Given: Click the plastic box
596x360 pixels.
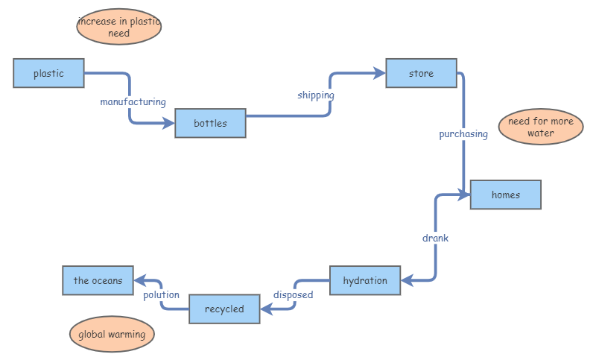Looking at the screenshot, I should [48, 73].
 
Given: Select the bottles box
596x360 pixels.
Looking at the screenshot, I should [210, 123].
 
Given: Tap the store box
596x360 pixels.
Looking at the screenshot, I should [421, 73].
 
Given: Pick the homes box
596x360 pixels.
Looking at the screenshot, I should [505, 195].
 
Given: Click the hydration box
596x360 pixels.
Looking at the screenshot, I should [365, 280].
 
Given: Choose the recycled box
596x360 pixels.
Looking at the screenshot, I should [224, 309].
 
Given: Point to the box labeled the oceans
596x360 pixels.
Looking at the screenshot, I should [98, 280].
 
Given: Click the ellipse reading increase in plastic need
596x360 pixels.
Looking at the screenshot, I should [119, 28].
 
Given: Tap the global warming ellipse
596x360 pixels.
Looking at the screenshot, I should [112, 335].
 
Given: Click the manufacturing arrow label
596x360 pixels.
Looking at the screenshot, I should [133, 101].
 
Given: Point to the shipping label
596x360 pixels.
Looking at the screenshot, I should [316, 95].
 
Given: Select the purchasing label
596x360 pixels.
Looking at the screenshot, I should [463, 134].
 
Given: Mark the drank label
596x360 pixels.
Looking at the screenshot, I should [435, 239].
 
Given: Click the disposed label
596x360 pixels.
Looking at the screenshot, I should [293, 294].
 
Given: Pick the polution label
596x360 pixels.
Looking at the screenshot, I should [162, 294].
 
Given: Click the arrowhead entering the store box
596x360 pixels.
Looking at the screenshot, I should [380, 73].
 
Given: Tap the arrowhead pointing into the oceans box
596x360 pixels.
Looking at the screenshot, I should [139, 281].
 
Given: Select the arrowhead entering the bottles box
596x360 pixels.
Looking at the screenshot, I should [169, 123].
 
